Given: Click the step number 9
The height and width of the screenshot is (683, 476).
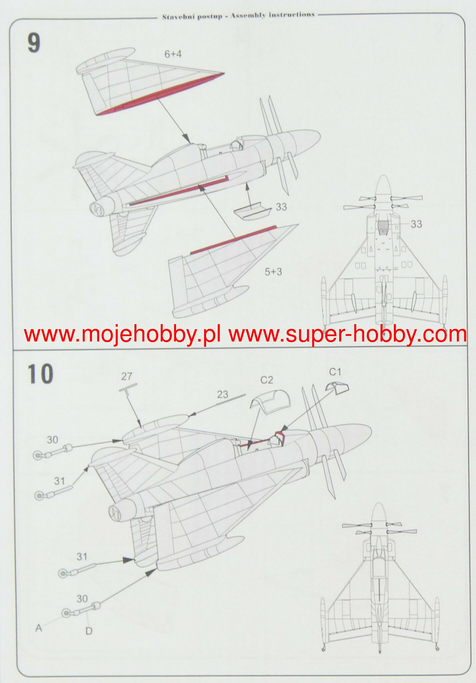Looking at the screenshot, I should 34,44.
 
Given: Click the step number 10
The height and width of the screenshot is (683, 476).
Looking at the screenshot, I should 40,374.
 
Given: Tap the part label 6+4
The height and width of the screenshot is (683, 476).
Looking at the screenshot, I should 173,54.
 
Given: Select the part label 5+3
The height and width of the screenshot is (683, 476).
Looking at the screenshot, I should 273,272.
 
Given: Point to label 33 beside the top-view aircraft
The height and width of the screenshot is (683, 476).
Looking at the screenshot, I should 416,224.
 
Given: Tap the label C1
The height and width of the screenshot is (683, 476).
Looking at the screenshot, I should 335,372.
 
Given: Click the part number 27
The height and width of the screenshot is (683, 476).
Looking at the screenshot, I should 126,377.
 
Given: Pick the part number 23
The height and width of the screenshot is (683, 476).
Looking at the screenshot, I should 222,395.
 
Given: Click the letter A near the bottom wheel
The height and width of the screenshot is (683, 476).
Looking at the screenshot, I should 39,628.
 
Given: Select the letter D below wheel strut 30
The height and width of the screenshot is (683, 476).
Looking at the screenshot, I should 89,631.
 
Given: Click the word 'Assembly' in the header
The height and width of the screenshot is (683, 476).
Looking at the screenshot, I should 248,15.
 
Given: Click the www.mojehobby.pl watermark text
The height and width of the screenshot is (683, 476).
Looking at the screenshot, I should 122,334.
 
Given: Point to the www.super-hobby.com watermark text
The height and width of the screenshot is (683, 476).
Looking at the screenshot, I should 347,334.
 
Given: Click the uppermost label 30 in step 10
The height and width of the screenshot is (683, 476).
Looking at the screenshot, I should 52,440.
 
